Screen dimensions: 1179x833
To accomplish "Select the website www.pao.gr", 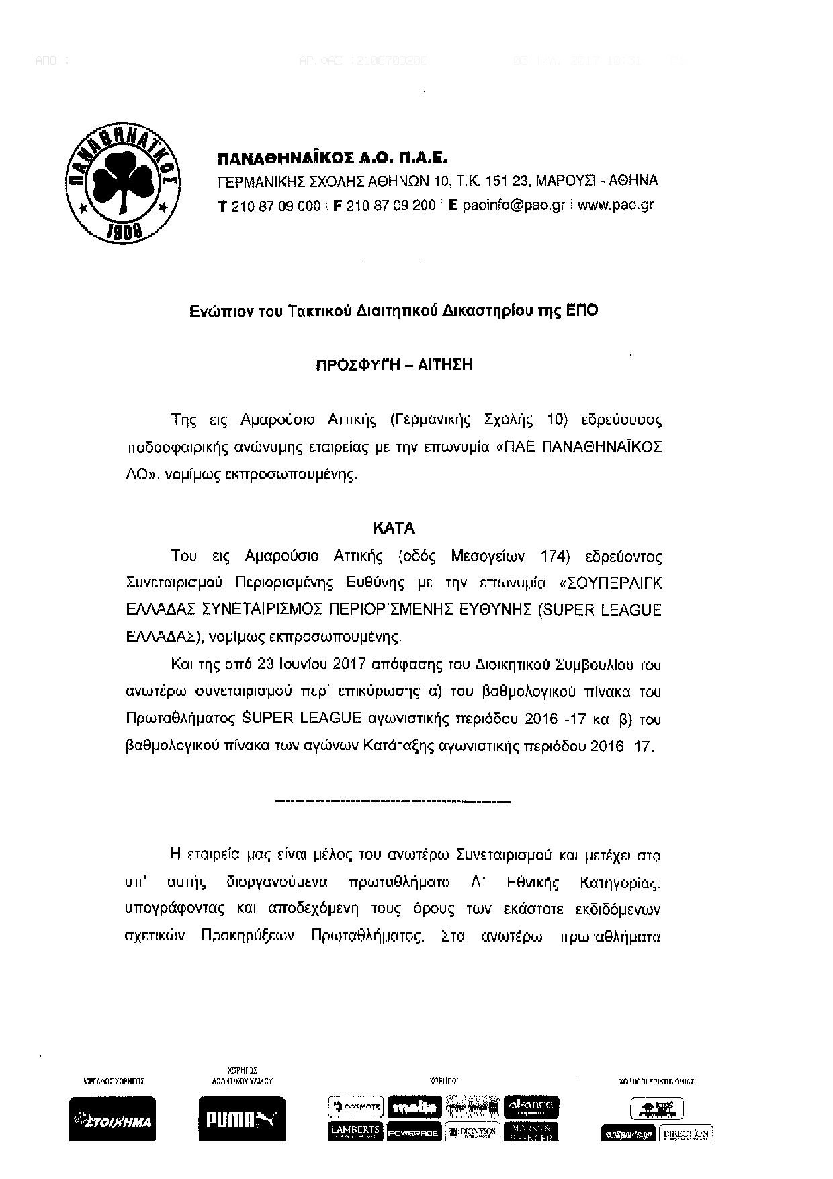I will [x=615, y=206].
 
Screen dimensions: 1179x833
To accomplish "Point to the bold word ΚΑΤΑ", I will [x=403, y=529].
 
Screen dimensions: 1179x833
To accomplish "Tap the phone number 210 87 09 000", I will [x=275, y=206].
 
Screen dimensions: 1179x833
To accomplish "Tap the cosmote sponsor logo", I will [x=355, y=1106].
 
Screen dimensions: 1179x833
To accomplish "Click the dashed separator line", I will [x=394, y=801].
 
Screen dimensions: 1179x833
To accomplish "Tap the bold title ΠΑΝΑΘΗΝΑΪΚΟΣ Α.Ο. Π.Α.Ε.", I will [x=332, y=159].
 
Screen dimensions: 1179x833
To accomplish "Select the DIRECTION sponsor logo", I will [x=685, y=1133].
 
